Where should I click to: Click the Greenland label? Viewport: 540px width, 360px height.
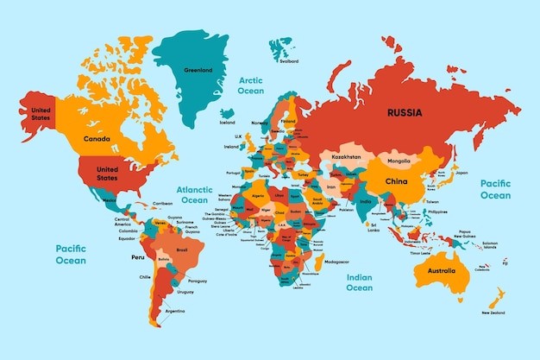[198, 71]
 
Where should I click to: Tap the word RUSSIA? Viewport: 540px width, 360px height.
[405, 112]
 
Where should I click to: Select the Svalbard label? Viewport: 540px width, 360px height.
[289, 61]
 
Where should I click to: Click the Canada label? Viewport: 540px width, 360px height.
[95, 138]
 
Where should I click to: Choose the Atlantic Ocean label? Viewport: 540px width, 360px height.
[193, 194]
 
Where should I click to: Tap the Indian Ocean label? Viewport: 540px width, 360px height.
[359, 282]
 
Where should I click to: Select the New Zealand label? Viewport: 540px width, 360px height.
[493, 313]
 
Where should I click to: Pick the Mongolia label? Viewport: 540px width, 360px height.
[399, 161]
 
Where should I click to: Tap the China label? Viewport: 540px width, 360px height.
[396, 182]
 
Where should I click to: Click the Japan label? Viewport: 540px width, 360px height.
[462, 173]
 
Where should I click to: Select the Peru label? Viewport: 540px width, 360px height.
[135, 256]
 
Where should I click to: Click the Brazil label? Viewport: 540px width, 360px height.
[181, 250]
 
